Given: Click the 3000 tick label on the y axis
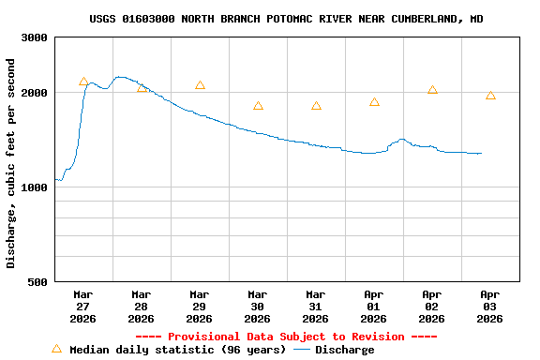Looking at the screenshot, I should [x=35, y=37].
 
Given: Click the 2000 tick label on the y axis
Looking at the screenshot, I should [x=35, y=93].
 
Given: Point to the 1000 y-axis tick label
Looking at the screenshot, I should [x=35, y=187].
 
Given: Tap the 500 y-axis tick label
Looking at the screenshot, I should [x=38, y=281].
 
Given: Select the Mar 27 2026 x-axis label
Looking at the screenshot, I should [x=82, y=306].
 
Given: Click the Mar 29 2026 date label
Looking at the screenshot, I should [x=199, y=306].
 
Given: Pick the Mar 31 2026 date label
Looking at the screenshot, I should [x=315, y=306].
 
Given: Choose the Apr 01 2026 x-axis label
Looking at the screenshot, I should [x=373, y=306].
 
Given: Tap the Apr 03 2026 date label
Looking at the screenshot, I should [x=489, y=306].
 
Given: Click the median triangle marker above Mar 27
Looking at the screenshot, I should [x=83, y=82].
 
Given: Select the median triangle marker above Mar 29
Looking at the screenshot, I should [x=200, y=85].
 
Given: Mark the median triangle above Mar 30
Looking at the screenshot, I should [x=258, y=106].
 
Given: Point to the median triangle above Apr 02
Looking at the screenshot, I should [x=432, y=90].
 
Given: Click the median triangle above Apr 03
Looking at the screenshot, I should [x=490, y=96].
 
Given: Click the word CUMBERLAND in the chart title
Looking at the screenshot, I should [x=418, y=19].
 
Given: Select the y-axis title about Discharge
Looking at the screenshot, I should [x=11, y=163].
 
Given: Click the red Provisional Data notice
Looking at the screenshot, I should [x=286, y=337].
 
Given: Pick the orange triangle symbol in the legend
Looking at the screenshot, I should [x=56, y=349].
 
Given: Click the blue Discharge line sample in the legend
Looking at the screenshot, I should [x=301, y=350].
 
